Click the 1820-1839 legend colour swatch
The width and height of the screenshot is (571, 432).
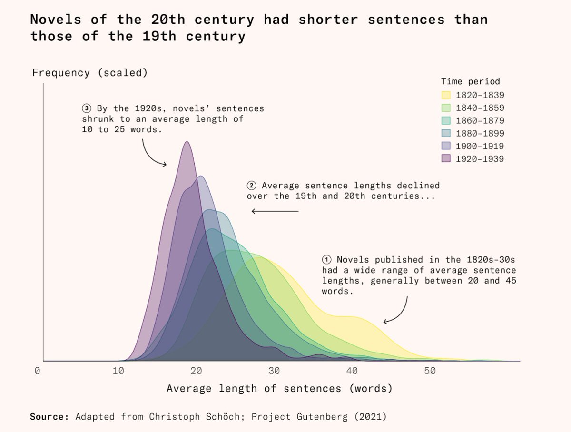pyautogui.click(x=446, y=95)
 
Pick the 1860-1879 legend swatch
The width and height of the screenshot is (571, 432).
pyautogui.click(x=446, y=120)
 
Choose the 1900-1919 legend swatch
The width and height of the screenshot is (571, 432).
pyautogui.click(x=446, y=146)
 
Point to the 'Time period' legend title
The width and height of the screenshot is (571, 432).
pyautogui.click(x=470, y=81)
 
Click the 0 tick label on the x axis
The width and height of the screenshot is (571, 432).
pyautogui.click(x=37, y=371)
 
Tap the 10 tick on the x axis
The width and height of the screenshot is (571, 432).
pyautogui.click(x=118, y=371)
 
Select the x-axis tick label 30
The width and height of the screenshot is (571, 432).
pyautogui.click(x=273, y=371)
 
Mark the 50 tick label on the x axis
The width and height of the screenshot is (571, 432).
pyautogui.click(x=430, y=371)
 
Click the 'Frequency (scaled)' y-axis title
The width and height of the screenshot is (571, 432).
pyautogui.click(x=89, y=73)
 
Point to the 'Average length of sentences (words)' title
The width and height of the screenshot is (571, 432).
pyautogui.click(x=279, y=389)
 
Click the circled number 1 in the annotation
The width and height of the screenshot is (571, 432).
pyautogui.click(x=326, y=260)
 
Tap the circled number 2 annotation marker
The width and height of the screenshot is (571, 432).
pyautogui.click(x=252, y=186)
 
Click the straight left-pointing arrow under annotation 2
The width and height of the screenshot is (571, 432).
pyautogui.click(x=275, y=211)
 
